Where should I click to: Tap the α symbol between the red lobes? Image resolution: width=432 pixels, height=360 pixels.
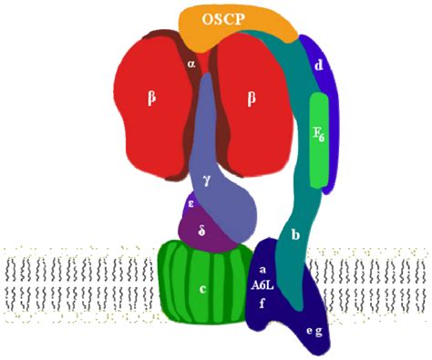(191, 64)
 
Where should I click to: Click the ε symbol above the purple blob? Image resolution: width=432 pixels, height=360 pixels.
(190, 202)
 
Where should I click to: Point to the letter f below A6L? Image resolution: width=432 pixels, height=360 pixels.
(262, 303)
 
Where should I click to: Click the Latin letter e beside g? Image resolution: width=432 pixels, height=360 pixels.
(308, 331)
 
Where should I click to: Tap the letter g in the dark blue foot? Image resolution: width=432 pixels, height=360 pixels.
(319, 331)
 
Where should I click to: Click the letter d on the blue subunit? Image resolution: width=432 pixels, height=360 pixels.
(318, 66)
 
